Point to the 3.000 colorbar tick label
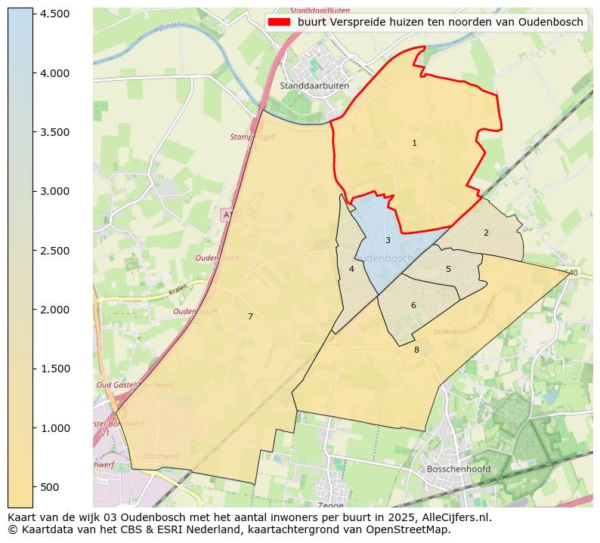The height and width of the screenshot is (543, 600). pyautogui.click(x=54, y=192)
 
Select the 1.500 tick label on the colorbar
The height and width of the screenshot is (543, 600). pyautogui.click(x=54, y=369)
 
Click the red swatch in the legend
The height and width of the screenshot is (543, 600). pyautogui.click(x=279, y=22)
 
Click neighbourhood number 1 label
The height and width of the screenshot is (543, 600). pyautogui.click(x=414, y=143)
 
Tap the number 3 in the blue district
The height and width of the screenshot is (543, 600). pyautogui.click(x=388, y=241)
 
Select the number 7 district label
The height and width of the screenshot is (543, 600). pyautogui.click(x=250, y=316)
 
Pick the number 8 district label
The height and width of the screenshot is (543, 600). pyautogui.click(x=416, y=350)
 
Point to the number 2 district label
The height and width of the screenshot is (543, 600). pyautogui.click(x=486, y=233)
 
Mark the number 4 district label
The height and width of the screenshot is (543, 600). pyautogui.click(x=351, y=269)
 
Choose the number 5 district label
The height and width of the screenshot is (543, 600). pyautogui.click(x=448, y=269)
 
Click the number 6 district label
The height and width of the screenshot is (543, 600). pyautogui.click(x=413, y=305)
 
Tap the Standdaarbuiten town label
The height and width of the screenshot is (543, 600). pyautogui.click(x=314, y=86)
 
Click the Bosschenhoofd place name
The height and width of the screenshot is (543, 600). pyautogui.click(x=459, y=469)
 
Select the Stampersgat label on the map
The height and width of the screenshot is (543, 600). pyautogui.click(x=249, y=137)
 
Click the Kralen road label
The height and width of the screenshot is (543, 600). pyautogui.click(x=178, y=289)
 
